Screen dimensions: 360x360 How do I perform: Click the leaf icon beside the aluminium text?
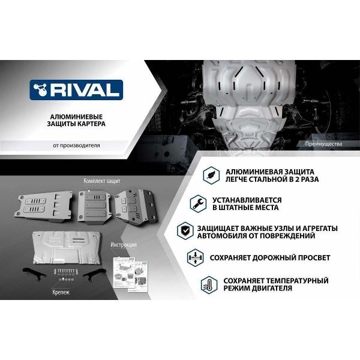[211, 175]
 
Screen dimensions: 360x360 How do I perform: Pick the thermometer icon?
[208, 284]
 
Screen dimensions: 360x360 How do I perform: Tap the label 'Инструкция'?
[124, 245]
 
